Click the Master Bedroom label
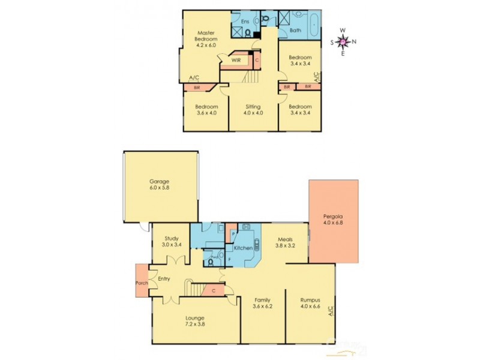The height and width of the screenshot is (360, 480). coord(206,38)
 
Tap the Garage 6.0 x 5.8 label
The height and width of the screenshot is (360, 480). coord(160,185)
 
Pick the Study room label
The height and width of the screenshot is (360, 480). coord(171,241)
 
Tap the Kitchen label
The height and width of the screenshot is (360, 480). coord(242,247)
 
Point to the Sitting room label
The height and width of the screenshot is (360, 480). coord(253,110)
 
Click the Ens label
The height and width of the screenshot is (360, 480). coord(245,22)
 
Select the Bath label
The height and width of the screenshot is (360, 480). coord(295,30)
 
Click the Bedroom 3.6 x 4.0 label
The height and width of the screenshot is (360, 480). coord(205,110)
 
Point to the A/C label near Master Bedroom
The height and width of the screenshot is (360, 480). coord(194,78)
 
